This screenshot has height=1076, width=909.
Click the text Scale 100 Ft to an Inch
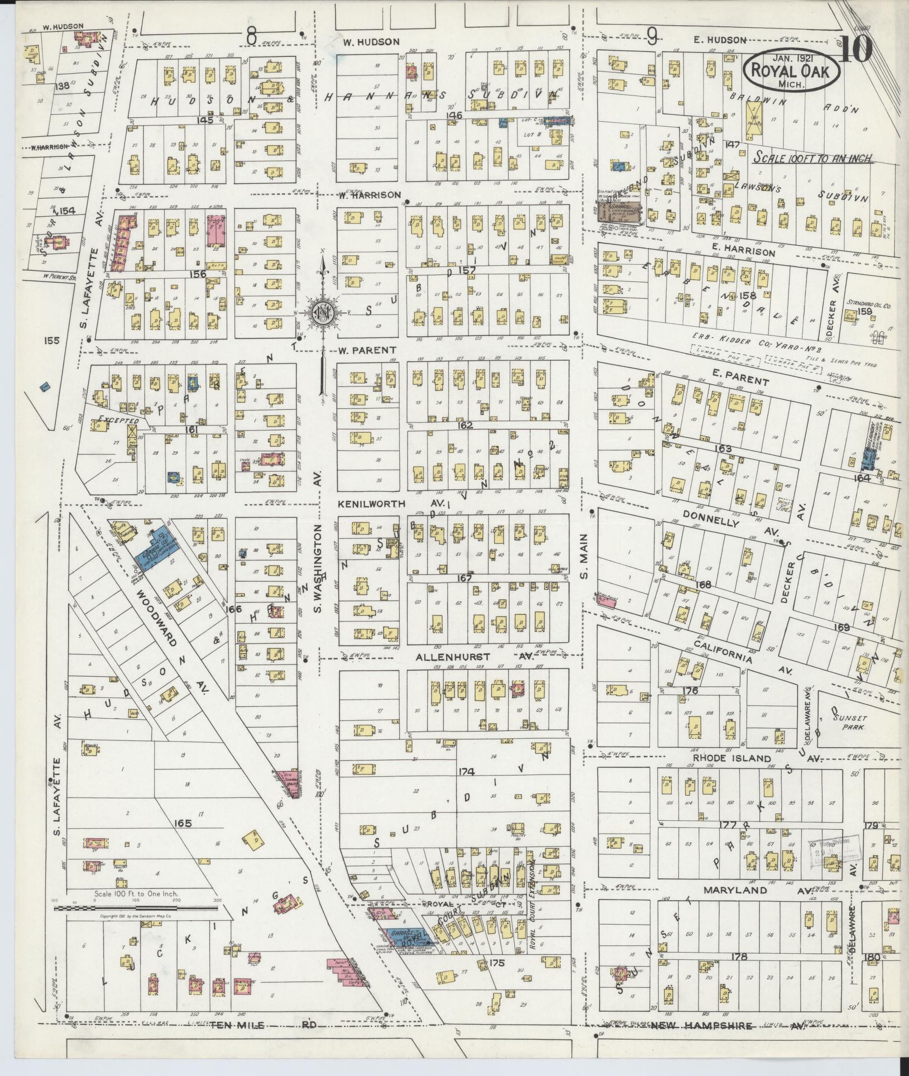(x=812, y=158)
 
